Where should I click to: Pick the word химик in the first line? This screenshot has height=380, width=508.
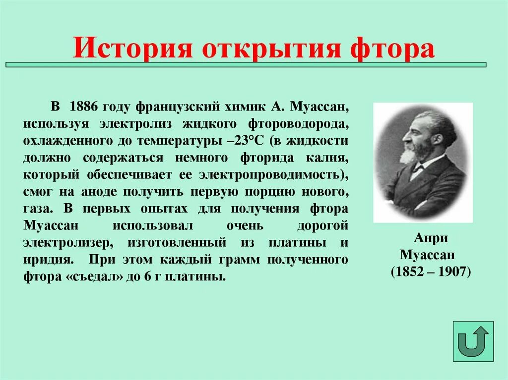237,107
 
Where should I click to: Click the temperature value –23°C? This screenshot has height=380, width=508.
247,140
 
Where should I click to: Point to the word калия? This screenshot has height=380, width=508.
327,158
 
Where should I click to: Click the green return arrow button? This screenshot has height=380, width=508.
473,341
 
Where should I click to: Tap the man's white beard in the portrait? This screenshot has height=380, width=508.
409,155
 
